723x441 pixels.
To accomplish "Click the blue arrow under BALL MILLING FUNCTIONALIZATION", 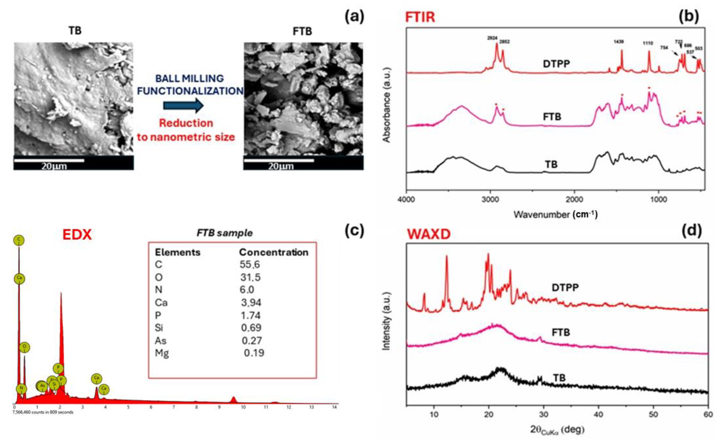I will (x=183, y=105).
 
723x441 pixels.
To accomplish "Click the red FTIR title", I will (x=420, y=17).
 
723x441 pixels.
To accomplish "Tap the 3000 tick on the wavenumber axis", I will (x=490, y=200).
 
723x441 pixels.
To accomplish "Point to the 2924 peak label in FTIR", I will (x=492, y=38).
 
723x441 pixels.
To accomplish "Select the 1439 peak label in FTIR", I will (x=618, y=42).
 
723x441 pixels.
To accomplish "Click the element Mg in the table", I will (x=161, y=353).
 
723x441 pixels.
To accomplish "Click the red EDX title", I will (x=77, y=235).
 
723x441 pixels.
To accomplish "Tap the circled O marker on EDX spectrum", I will (x=25, y=348).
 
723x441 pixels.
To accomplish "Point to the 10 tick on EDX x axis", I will (x=243, y=407).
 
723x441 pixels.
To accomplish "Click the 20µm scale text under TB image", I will (x=54, y=166).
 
